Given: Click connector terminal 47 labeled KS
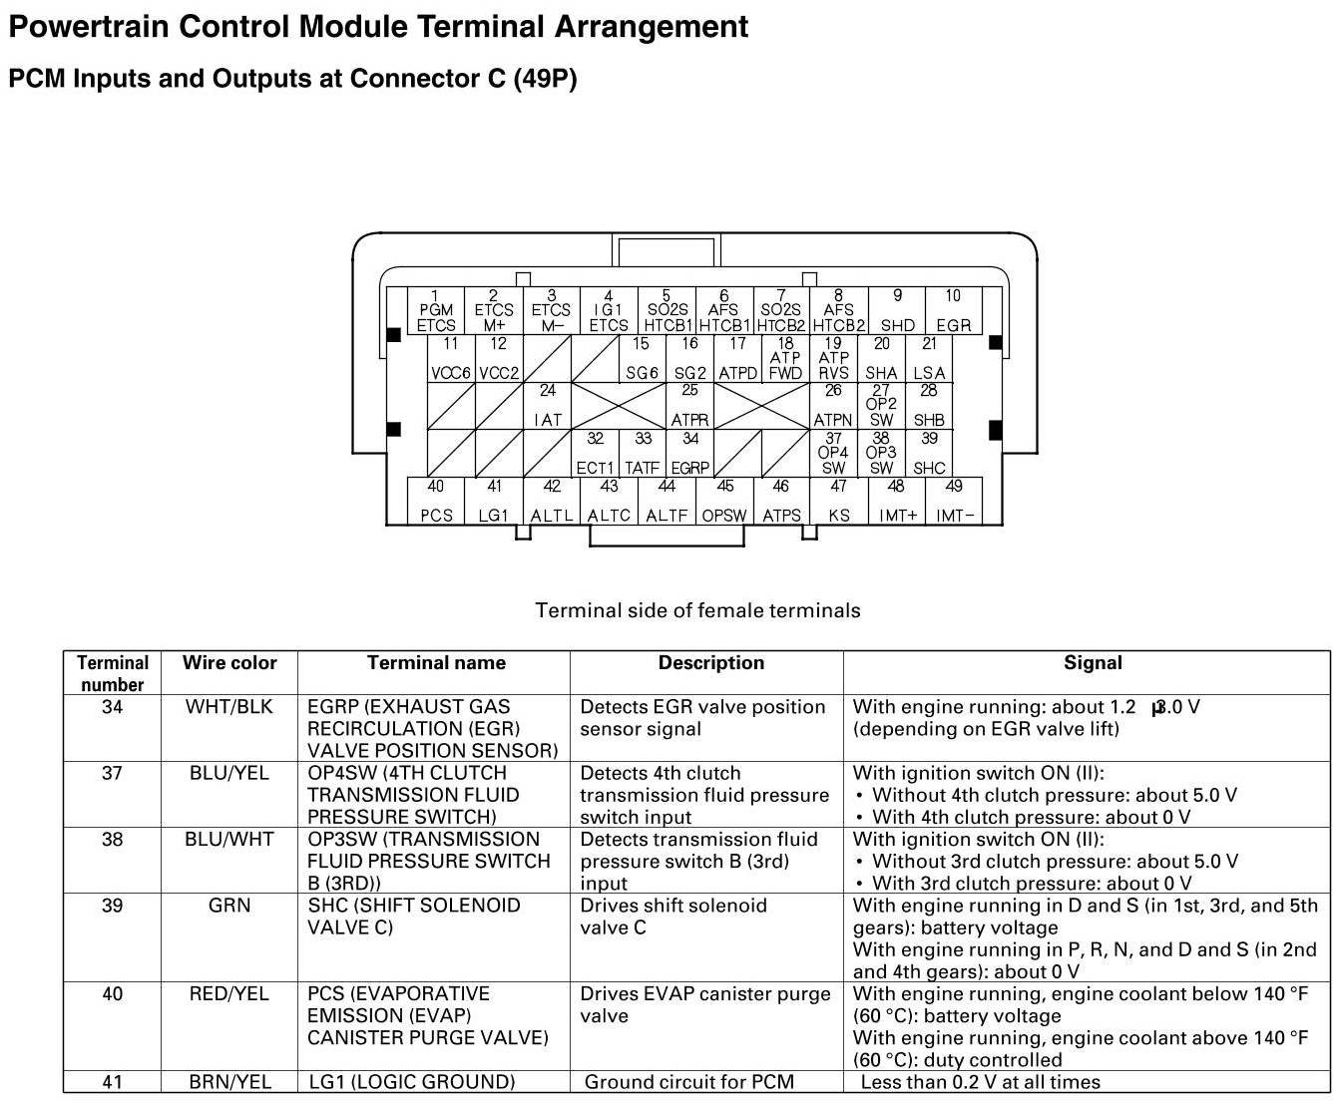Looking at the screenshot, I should (839, 502).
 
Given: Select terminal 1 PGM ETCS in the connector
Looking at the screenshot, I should (436, 311).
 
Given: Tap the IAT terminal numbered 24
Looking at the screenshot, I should (548, 407).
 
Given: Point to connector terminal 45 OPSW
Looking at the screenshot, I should (724, 502).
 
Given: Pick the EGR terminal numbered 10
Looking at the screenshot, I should (953, 311).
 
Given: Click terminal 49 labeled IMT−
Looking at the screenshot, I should (955, 502).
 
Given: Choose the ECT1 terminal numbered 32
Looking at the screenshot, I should (595, 454).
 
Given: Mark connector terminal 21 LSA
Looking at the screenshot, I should (929, 359).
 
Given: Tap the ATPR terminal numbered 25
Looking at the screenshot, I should (689, 407).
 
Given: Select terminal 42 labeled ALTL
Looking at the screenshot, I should (552, 502).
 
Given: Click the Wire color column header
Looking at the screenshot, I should (229, 663).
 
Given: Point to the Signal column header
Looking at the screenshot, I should (1093, 663).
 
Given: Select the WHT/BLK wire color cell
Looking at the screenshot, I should (229, 707).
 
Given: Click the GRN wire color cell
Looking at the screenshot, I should (229, 906).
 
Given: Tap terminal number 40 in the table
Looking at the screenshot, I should (113, 994).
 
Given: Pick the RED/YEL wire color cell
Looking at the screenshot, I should (229, 994).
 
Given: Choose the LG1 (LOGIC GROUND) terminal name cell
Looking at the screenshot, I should (412, 1082).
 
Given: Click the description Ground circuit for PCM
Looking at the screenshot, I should (689, 1082).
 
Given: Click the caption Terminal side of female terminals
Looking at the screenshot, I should (697, 610).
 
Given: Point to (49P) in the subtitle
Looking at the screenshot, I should (545, 79).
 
